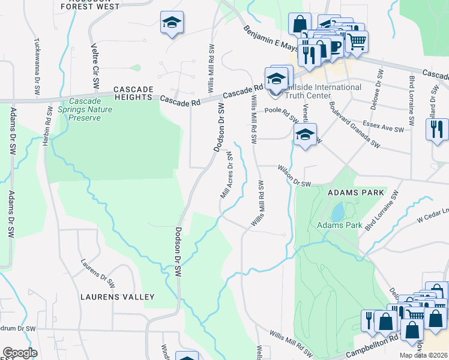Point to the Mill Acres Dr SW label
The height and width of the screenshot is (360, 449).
[227, 175]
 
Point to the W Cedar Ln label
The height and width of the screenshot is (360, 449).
[432, 214]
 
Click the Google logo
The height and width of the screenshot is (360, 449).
[20, 353]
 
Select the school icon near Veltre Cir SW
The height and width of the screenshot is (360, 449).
[172, 23]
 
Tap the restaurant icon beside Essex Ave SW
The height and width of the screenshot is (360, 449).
[437, 128]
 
